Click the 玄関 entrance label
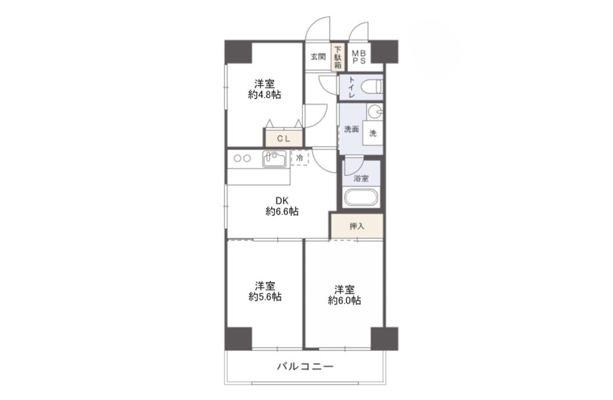point(318,57)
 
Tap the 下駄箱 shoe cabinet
point(338,56)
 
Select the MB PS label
point(359,57)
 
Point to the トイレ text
point(351,87)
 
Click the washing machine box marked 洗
point(373,133)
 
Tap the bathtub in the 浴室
point(360,198)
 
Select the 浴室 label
point(360,179)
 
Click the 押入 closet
point(357,226)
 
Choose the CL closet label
point(284,139)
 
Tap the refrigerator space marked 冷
point(300,158)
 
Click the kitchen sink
point(274,159)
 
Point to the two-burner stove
point(242,158)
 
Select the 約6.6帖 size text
point(282,212)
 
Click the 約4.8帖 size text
point(264,94)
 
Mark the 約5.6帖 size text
point(265,297)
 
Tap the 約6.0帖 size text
point(344,301)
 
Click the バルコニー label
point(305,367)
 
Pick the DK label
point(282,201)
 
